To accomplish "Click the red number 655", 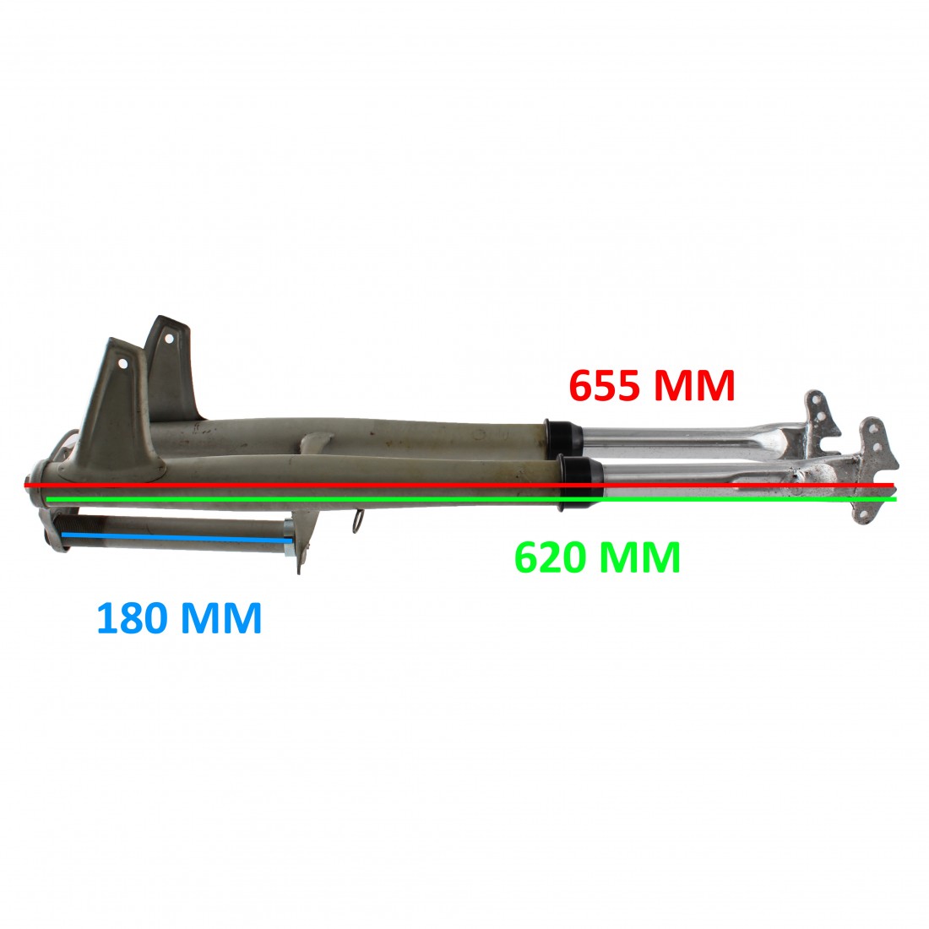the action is pos(605,385).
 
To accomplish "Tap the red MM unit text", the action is pos(693,385).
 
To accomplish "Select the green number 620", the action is pos(551,557).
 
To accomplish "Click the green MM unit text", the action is pos(640,557).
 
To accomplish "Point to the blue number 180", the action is pos(132,617).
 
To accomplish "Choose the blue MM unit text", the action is pos(221,617).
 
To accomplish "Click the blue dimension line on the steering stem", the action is pos(177,537).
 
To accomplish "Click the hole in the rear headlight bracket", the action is pos(169,339).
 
